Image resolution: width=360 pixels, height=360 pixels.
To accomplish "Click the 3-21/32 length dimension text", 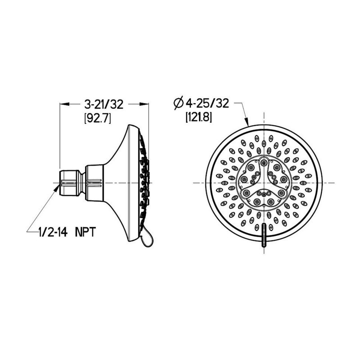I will [x=104, y=104].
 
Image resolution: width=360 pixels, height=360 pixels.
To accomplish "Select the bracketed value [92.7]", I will [x=98, y=118].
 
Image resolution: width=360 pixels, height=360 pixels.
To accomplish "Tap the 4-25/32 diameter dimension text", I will [x=207, y=103].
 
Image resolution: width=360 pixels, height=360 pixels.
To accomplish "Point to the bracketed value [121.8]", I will [x=198, y=117].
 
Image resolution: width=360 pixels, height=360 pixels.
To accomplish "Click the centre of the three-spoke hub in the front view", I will [x=263, y=182].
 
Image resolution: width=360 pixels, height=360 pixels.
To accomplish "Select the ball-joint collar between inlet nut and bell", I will [x=94, y=182].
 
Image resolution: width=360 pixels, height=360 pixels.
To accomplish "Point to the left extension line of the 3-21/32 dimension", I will [x=60, y=135].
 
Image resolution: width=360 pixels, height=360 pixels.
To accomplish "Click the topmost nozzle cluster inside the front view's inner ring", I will [x=264, y=162].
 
